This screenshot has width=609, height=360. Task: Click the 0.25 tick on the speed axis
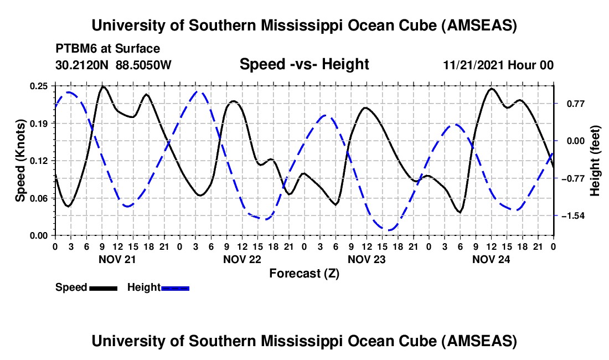coord(40,86)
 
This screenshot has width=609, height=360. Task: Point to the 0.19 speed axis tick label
coord(40,123)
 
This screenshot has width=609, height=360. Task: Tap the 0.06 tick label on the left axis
coord(40,198)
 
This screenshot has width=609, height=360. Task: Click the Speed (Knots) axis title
coord(20,161)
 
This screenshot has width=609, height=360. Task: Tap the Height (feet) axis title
coord(595,161)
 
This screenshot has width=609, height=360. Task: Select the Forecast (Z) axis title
coord(304,273)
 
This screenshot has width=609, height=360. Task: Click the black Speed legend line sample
coord(103,288)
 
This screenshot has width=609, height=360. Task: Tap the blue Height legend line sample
coord(176,288)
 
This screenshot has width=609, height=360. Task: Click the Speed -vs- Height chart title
coord(304,64)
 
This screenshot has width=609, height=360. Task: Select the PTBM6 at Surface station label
coord(107,49)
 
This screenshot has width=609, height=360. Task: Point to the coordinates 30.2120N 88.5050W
coord(113,65)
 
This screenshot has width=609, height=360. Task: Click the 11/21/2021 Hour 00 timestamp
coord(498,65)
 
